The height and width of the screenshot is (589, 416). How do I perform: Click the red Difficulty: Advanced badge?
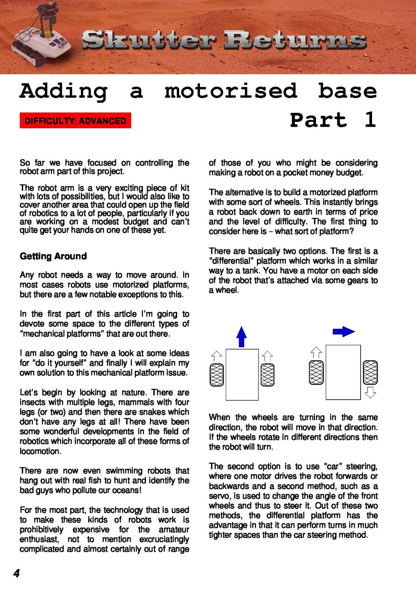75,121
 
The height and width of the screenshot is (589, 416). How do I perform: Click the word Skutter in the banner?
149,40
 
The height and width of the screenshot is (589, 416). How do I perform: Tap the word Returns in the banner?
295,40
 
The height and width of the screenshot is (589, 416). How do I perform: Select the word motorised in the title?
231,91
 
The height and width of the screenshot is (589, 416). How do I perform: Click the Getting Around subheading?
53,256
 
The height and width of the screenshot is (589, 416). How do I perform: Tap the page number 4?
16,573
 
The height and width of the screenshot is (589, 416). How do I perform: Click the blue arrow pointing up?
242,337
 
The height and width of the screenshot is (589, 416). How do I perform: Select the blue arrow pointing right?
344,332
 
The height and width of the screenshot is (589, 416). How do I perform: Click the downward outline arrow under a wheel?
370,392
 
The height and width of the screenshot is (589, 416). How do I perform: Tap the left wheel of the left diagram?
216,375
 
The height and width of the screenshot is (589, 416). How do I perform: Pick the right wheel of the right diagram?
370,373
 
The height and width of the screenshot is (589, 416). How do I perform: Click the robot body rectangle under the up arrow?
242,375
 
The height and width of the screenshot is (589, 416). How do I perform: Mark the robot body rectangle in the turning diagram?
343,372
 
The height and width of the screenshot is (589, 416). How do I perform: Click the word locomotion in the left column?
40,451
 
